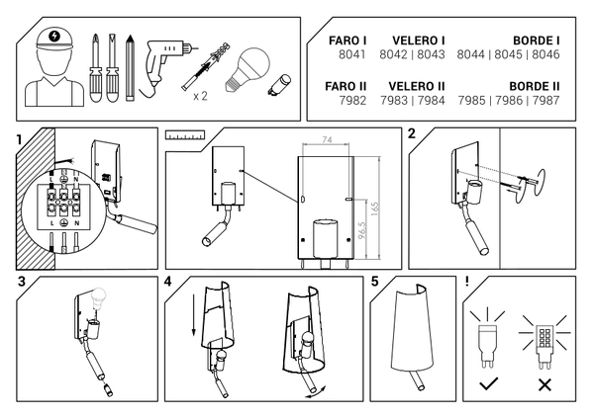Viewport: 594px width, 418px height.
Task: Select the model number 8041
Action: pos(353,55)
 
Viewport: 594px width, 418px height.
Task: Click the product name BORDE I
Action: pos(536,41)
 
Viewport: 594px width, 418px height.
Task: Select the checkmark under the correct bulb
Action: pos(488,382)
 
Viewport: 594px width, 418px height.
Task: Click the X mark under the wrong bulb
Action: pos(544,382)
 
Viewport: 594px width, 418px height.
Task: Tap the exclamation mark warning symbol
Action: pos(466,282)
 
